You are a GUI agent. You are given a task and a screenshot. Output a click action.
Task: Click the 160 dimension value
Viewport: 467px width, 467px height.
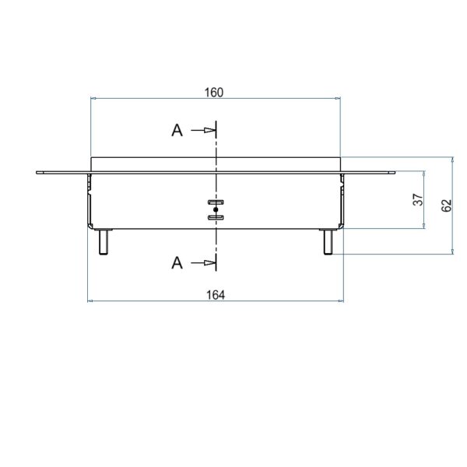[x=213, y=93]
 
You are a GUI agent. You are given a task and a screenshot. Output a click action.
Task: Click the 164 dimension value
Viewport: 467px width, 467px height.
[x=216, y=295]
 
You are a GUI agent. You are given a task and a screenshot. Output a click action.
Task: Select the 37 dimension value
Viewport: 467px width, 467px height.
[x=418, y=199]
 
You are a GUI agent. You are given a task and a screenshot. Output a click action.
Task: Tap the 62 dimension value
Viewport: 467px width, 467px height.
[x=446, y=205]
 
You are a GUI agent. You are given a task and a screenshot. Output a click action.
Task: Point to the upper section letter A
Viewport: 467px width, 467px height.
[x=177, y=131]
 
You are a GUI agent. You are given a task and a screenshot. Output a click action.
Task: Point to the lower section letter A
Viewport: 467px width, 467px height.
[x=177, y=263]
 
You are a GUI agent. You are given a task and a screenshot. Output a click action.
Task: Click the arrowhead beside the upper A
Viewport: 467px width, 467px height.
[x=209, y=130]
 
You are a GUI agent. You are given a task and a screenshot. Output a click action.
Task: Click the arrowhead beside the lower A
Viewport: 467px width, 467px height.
[x=209, y=263]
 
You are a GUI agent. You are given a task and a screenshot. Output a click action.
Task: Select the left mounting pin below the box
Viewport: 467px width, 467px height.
[x=104, y=242]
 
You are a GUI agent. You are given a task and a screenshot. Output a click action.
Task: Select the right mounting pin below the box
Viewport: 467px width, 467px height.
[x=328, y=242]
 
